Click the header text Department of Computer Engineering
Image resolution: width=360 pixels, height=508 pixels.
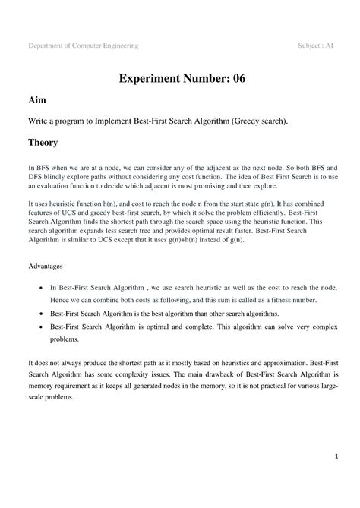coord(84,46)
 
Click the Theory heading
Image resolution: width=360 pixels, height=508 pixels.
coord(43,142)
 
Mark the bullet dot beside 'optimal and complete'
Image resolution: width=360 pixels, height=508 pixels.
coord(40,326)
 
